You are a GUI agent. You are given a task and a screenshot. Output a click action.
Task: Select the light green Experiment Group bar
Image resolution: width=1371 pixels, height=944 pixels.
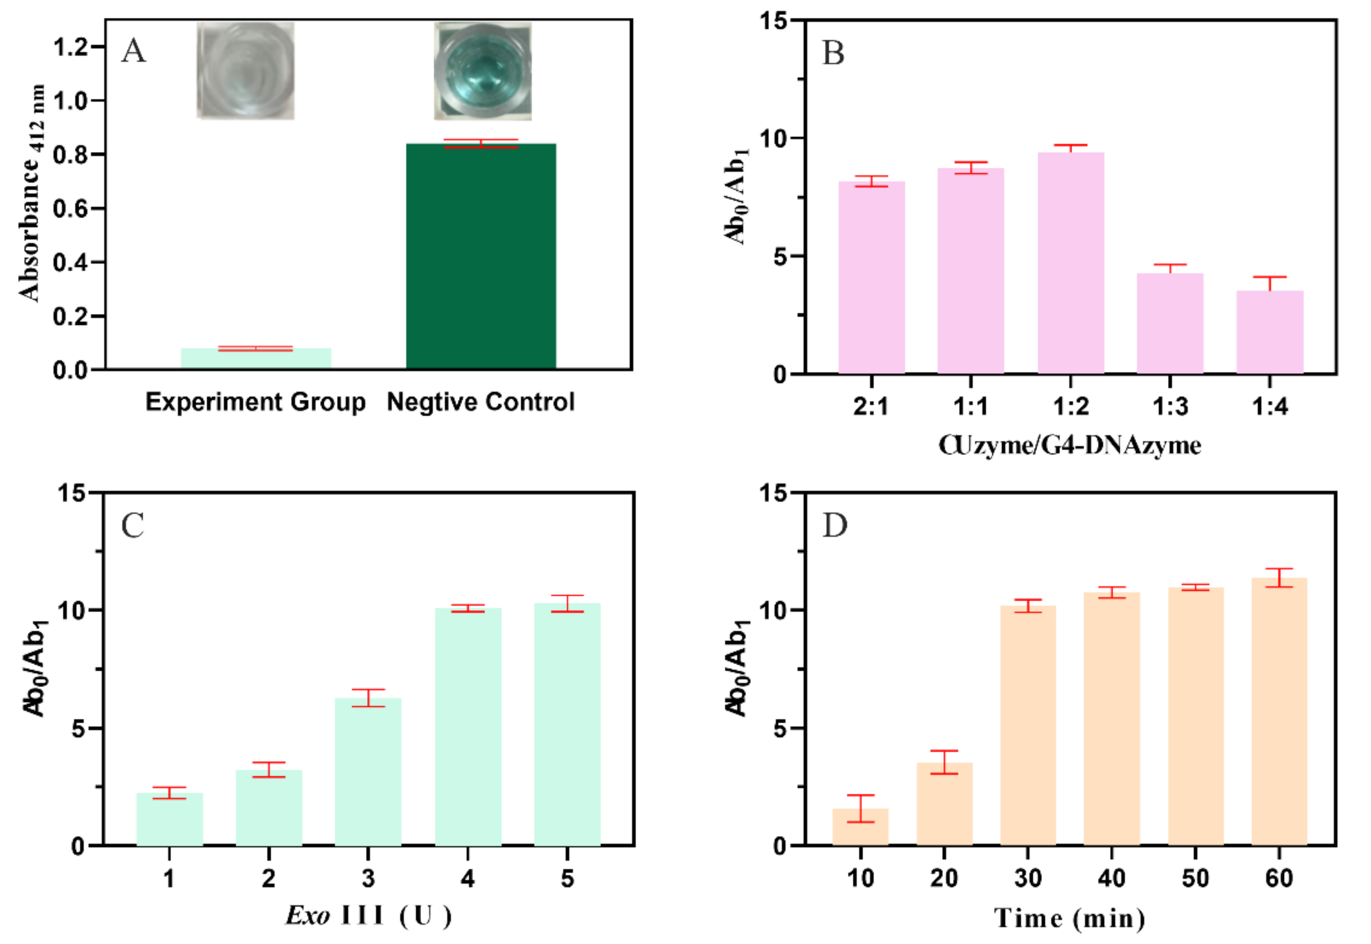[256, 358]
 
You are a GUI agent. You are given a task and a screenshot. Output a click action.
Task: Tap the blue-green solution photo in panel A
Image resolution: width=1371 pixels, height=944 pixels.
[483, 71]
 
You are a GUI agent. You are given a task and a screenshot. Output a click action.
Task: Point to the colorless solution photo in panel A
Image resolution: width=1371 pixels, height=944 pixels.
[246, 71]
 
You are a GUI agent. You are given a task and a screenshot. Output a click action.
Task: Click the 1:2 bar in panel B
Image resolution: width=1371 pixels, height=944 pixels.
[1070, 263]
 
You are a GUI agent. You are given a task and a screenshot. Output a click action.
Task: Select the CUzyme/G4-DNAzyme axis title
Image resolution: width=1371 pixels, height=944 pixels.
[1069, 445]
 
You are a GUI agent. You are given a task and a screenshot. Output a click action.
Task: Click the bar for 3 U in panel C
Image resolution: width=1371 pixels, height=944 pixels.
[368, 772]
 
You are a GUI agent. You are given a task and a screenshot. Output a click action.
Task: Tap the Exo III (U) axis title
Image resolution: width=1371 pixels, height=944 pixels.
[368, 916]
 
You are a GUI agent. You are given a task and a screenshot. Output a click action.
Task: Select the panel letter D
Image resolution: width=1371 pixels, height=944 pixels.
[834, 525]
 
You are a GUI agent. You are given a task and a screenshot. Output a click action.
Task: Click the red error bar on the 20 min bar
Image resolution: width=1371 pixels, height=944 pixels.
[944, 762]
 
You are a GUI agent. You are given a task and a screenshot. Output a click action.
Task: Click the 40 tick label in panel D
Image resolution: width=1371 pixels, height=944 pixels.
[1111, 878]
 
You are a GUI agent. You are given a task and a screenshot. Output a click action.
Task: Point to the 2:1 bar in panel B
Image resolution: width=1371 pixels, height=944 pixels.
[871, 278]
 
